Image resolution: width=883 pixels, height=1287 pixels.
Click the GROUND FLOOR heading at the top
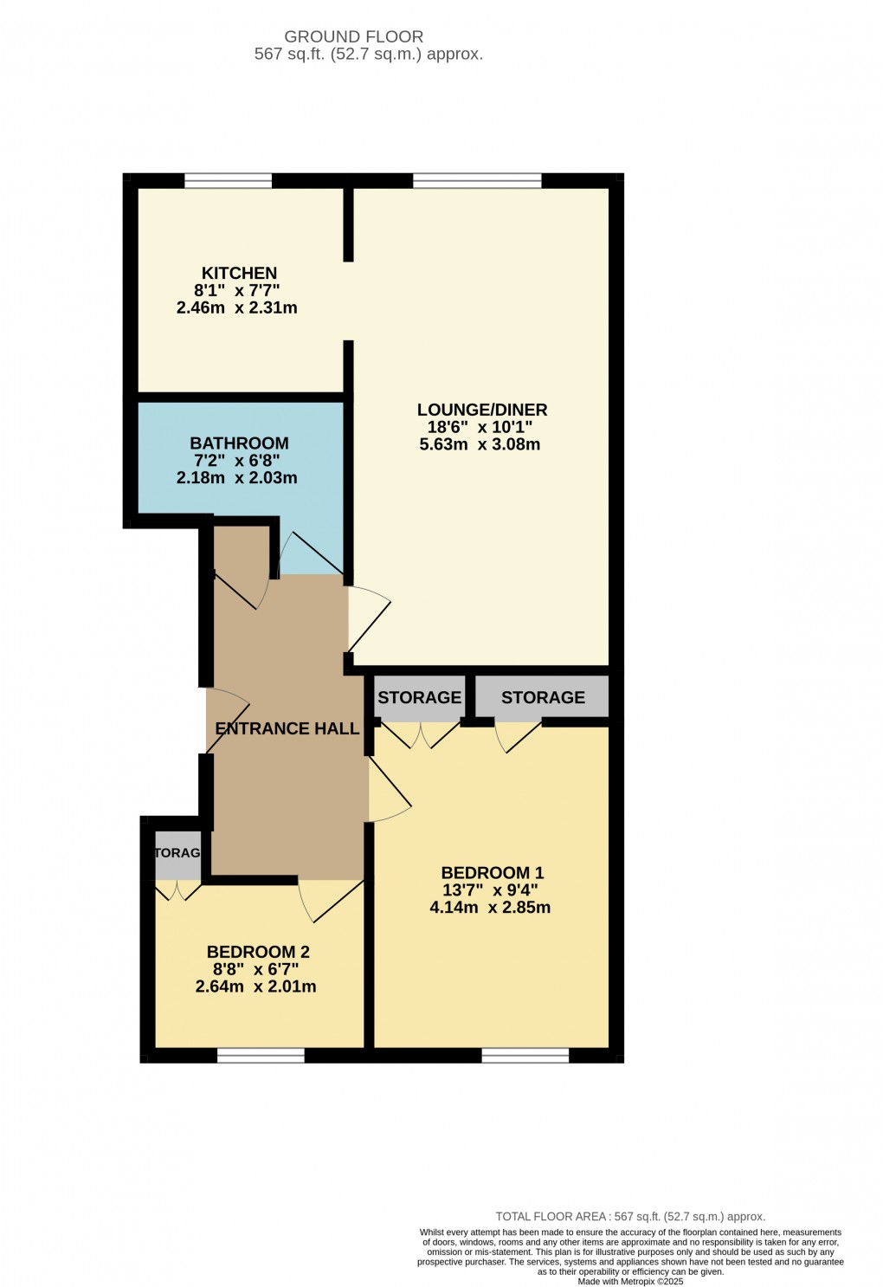click(354, 36)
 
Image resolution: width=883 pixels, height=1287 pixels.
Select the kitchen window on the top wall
click(228, 181)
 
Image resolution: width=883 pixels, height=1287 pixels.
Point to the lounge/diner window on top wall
click(477, 181)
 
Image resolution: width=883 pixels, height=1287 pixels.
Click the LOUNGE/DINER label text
click(482, 410)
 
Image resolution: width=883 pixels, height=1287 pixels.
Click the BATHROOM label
click(239, 443)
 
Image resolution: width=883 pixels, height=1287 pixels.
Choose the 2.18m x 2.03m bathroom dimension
click(236, 477)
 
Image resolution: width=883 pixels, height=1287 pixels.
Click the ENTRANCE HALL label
click(287, 728)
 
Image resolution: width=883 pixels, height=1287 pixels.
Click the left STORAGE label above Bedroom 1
click(420, 697)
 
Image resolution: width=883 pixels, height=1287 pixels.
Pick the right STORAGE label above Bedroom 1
click(543, 697)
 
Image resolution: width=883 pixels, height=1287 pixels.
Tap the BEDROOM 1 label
click(493, 872)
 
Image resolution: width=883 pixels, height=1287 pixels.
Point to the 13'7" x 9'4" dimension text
click(490, 889)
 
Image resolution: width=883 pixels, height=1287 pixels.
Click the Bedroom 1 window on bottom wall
click(525, 1055)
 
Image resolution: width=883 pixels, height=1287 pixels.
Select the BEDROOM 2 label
click(258, 952)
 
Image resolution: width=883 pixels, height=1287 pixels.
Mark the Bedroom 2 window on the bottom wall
click(261, 1055)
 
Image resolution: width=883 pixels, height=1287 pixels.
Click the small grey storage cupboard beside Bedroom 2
click(178, 853)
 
